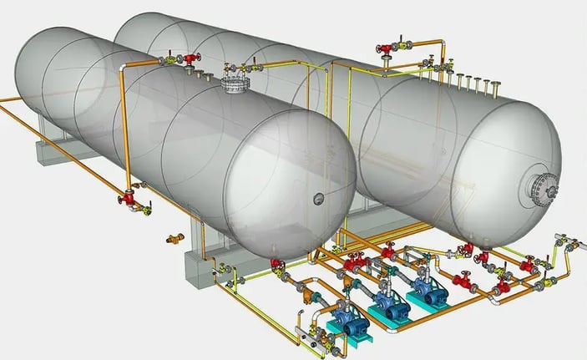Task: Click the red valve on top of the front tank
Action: pos(191,58)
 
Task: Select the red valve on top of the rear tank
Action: pos(387,48)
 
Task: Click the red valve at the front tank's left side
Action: pos(129,199)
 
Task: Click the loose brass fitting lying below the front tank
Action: pos(175,239)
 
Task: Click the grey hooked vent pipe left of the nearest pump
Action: pos(298,322)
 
